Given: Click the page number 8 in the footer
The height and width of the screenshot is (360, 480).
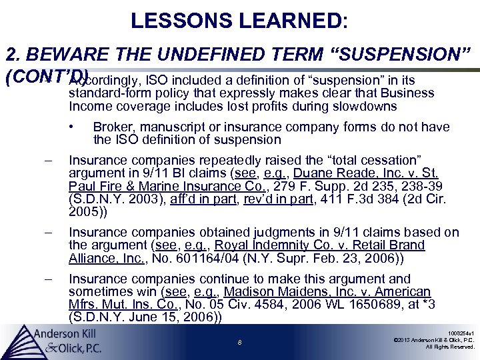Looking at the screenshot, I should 239,343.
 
